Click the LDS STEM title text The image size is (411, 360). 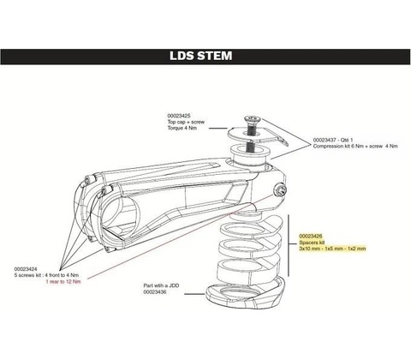click(x=201, y=56)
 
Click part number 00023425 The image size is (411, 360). click(x=179, y=116)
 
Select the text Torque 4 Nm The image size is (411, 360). click(x=182, y=128)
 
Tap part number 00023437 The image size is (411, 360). click(x=325, y=140)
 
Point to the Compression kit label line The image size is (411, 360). click(x=355, y=146)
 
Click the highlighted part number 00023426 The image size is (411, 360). click(x=311, y=236)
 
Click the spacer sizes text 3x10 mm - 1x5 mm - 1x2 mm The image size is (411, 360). click(x=332, y=249)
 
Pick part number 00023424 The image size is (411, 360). click(x=26, y=269)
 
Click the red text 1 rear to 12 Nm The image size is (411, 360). click(x=63, y=281)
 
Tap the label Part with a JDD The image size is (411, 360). click(x=161, y=285)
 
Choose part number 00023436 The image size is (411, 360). click(x=155, y=292)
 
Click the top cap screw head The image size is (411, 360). click(x=250, y=119)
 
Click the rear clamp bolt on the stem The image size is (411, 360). click(x=279, y=191)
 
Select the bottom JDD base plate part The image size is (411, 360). click(x=245, y=293)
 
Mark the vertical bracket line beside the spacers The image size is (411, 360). click(x=289, y=246)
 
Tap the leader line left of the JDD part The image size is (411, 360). click(x=195, y=294)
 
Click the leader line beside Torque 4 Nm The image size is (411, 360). click(x=218, y=129)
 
